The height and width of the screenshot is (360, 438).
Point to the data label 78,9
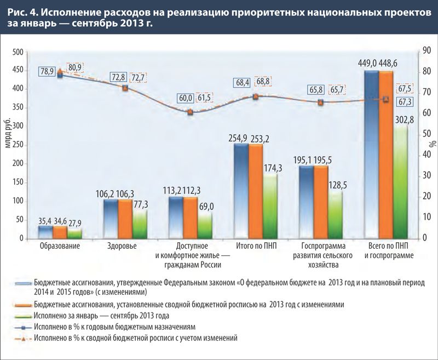46,71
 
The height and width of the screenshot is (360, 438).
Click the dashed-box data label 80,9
74,68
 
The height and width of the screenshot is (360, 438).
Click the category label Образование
60,246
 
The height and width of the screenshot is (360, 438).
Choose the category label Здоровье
123,246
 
